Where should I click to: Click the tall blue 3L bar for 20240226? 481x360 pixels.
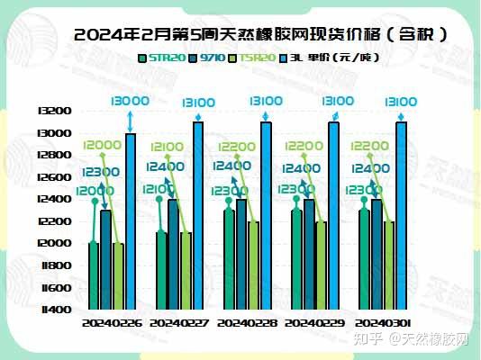pos(131,220)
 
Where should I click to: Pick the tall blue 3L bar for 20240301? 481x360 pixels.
pos(401,216)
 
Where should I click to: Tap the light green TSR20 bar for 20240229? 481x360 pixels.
pos(322,265)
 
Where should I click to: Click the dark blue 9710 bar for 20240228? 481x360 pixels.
pos(240,255)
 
